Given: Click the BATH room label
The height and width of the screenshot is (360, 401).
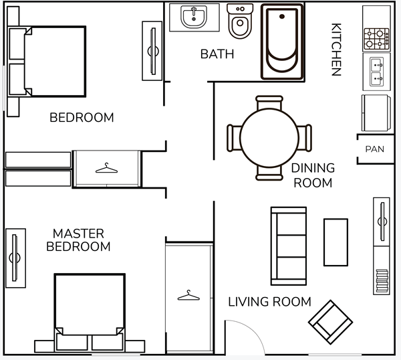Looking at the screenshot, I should [217, 54].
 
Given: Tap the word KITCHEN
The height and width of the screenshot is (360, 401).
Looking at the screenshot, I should [336, 50].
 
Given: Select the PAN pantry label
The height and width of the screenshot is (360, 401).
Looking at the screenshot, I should [374, 149].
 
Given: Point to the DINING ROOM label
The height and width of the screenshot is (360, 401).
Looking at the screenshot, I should [313, 175].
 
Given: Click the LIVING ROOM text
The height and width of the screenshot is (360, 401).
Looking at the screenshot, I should [269, 302].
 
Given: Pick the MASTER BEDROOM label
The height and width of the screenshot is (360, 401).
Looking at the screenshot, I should [78, 240].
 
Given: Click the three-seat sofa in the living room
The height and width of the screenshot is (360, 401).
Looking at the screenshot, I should [288, 246].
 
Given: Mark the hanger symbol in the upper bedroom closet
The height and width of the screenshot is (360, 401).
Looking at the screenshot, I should [106, 168].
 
